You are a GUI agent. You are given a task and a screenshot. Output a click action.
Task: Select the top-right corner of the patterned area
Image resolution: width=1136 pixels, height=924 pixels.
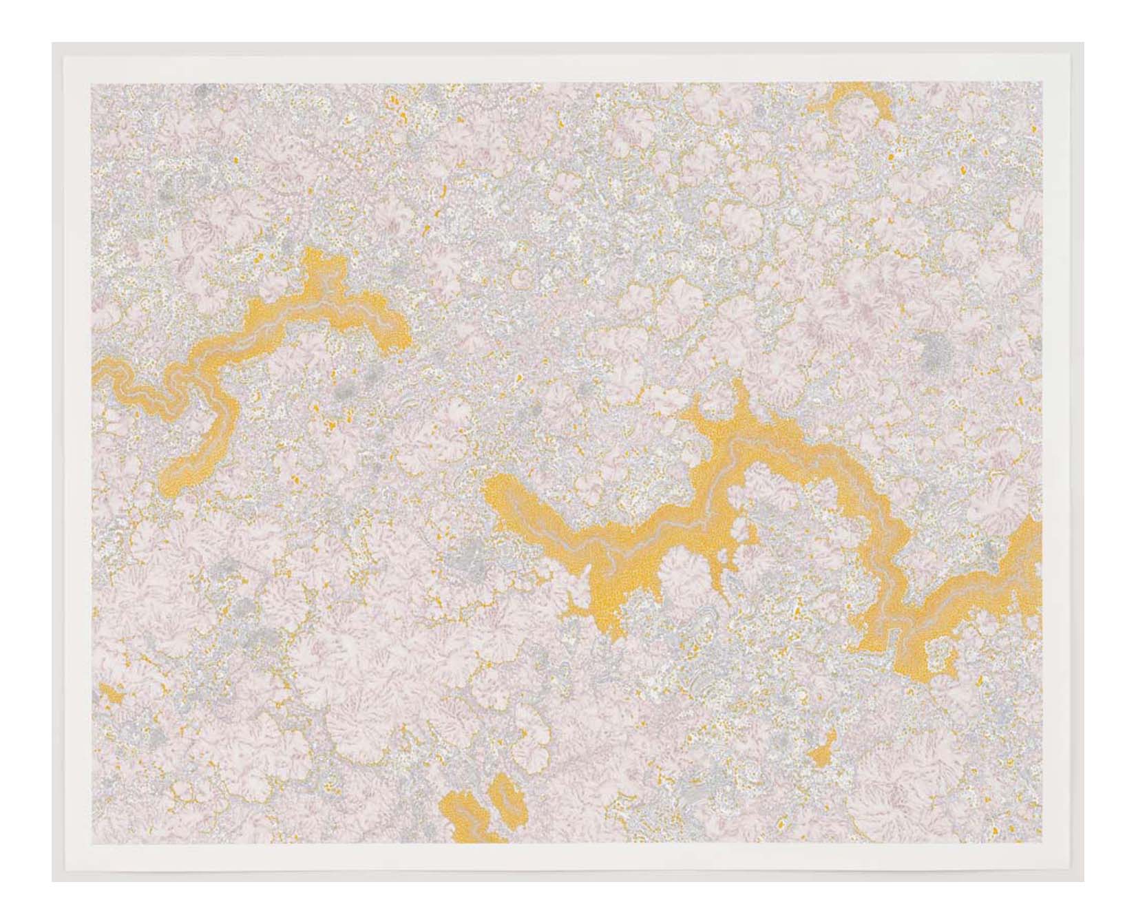(1041, 83)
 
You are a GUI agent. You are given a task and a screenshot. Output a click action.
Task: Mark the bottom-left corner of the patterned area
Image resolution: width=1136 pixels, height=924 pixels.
(92, 843)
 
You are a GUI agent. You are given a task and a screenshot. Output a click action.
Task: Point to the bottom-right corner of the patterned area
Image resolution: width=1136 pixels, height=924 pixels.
(1041, 843)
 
